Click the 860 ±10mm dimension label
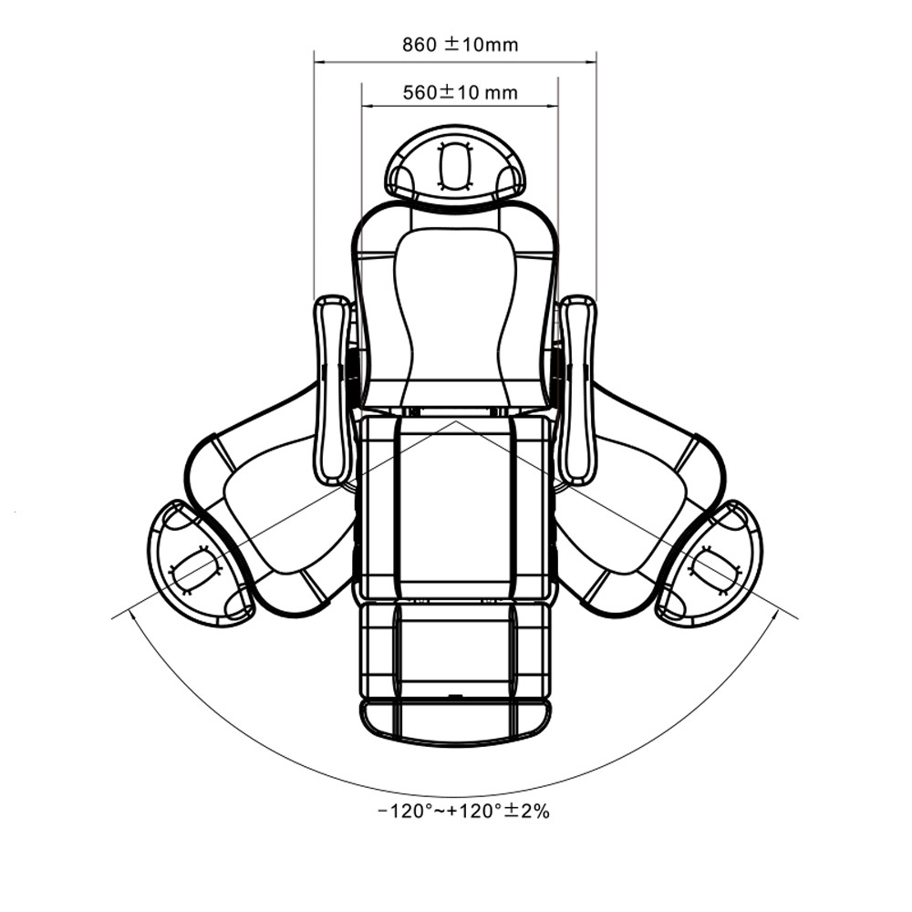(460, 45)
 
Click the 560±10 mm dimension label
(460, 92)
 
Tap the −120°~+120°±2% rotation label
(463, 811)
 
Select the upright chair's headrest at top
(455, 166)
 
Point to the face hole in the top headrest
(454, 167)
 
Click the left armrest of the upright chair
(333, 389)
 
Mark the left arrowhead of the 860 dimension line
(318, 60)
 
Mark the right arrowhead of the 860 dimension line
(592, 60)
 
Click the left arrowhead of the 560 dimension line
(367, 107)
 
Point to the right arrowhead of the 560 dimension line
(554, 107)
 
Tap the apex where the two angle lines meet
(455, 420)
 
